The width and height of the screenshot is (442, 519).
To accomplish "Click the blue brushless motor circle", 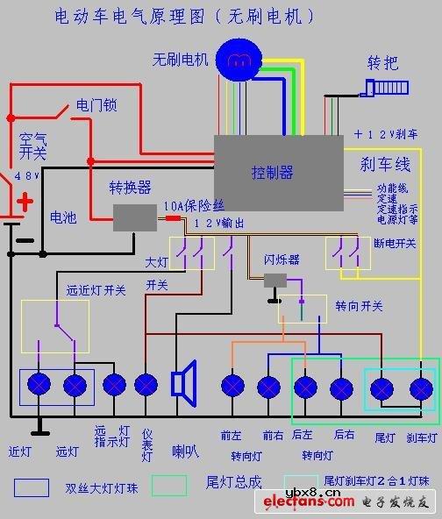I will click(238, 59).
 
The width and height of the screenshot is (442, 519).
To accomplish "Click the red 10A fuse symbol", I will click(173, 217).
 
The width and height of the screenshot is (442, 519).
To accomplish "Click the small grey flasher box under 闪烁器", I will click(276, 281).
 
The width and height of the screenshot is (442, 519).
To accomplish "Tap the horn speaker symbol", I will click(184, 383).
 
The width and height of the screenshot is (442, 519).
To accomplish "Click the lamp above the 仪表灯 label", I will click(146, 383).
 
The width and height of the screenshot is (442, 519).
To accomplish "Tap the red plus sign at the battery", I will click(26, 203).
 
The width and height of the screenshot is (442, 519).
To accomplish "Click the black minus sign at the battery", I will click(26, 238).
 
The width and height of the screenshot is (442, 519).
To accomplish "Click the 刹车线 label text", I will click(386, 164).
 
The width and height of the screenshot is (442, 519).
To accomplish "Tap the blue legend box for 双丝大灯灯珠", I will click(31, 487).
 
